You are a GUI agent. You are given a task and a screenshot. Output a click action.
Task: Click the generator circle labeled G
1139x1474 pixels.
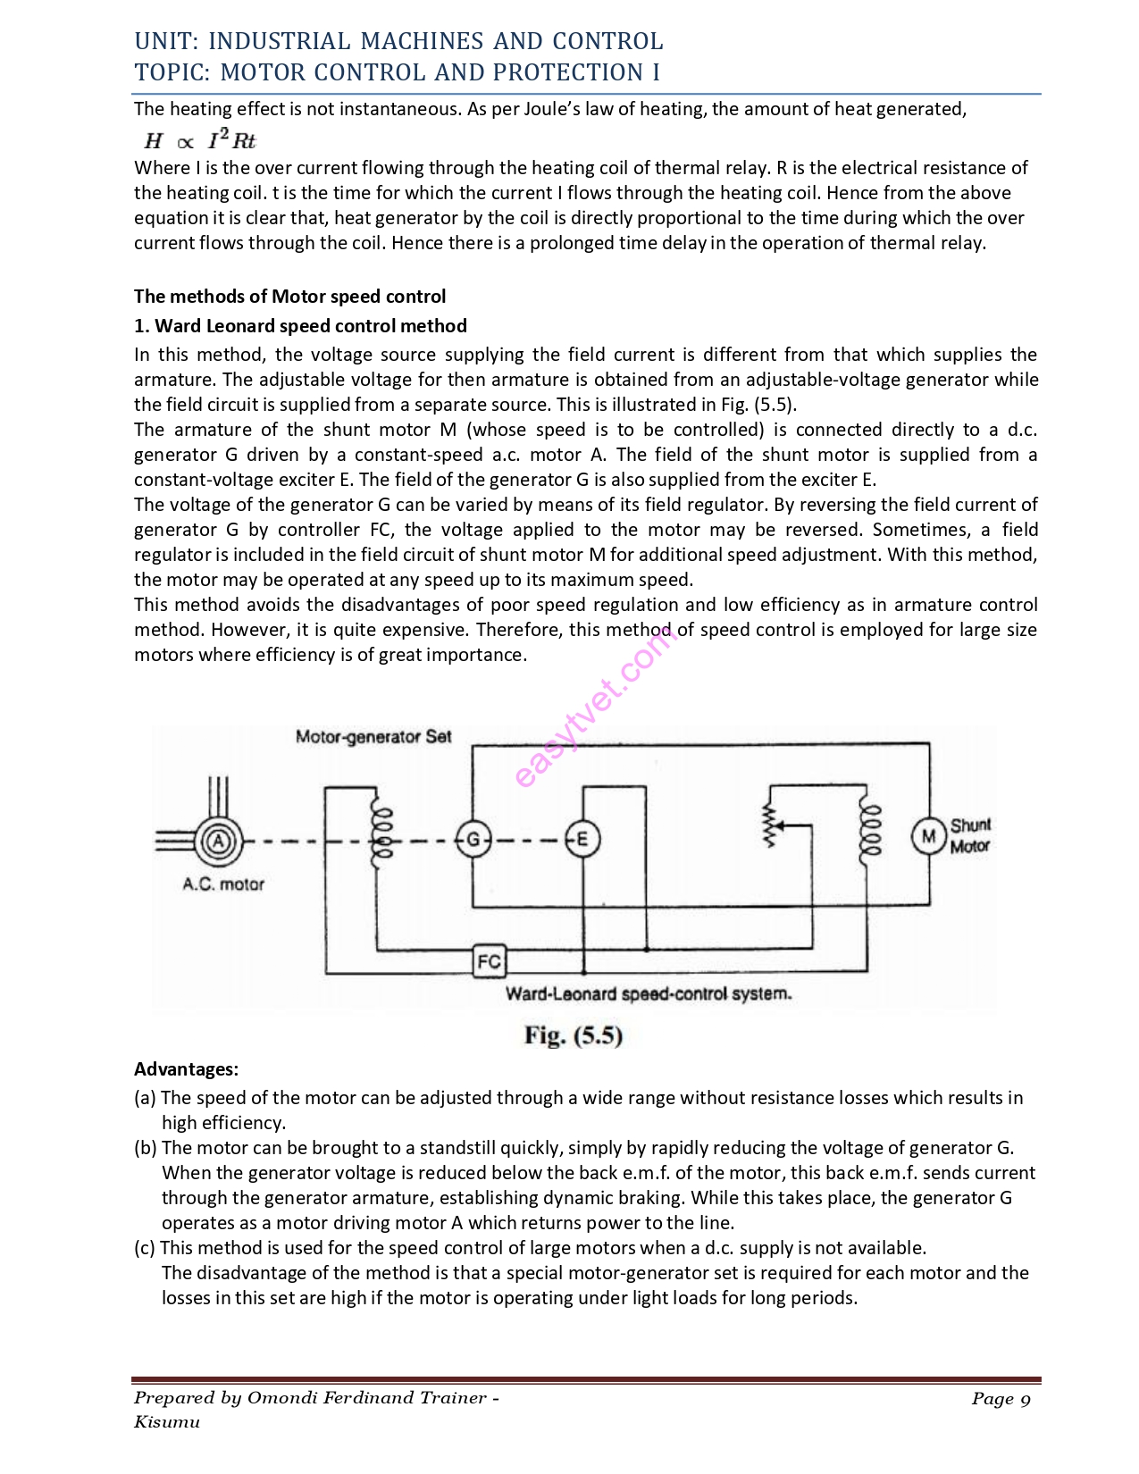click(473, 839)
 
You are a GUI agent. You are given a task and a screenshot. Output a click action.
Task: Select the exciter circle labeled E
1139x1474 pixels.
click(582, 839)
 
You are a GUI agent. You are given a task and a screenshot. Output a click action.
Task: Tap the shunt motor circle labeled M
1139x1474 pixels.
click(928, 836)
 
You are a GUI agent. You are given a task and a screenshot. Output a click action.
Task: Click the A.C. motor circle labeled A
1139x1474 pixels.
click(217, 841)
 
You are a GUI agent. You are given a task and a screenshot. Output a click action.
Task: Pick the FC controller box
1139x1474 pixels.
click(489, 961)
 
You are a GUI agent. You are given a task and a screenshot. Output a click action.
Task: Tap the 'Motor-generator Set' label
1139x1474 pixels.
click(373, 737)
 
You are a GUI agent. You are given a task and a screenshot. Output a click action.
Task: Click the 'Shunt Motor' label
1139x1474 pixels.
click(970, 835)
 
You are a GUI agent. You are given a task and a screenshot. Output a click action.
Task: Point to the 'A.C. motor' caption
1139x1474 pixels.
click(223, 884)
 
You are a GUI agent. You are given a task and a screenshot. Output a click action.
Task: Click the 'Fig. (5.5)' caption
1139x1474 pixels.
click(573, 1035)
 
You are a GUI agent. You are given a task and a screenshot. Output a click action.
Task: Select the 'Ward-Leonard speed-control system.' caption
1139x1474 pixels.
click(649, 993)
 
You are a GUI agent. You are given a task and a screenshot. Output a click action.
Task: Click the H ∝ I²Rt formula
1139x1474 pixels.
click(200, 140)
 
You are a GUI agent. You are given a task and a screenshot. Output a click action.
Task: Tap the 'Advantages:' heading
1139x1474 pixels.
click(186, 1069)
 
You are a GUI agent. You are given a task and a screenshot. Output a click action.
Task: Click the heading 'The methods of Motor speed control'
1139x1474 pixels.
click(289, 297)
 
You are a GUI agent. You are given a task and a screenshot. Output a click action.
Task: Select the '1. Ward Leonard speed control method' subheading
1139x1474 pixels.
click(300, 326)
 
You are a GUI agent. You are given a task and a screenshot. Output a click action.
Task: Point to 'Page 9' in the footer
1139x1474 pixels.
click(1001, 1399)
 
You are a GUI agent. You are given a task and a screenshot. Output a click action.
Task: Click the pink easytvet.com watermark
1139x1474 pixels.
click(595, 706)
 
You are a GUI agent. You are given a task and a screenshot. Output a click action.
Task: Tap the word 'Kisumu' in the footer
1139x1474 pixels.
click(167, 1422)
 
